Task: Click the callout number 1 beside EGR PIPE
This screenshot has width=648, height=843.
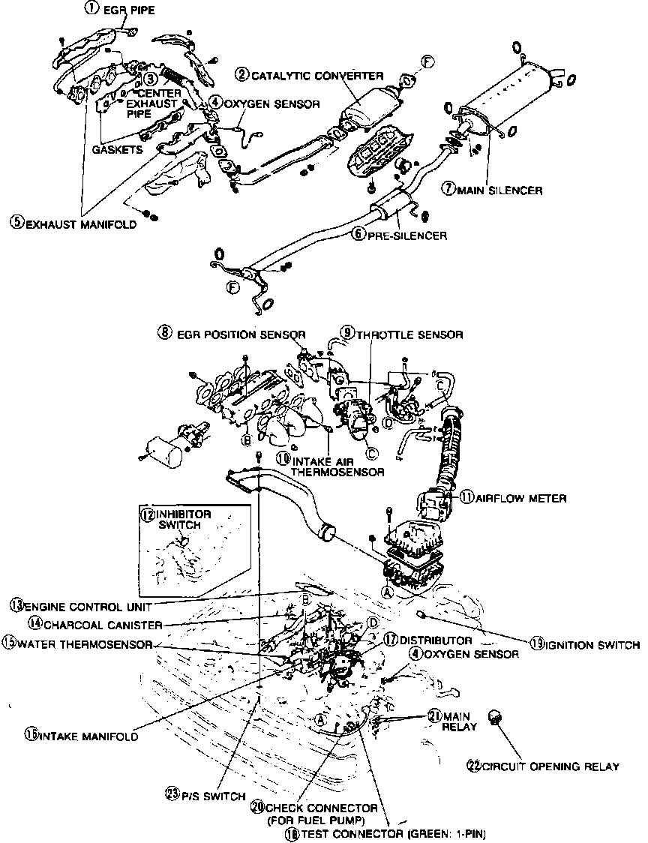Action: click(91, 9)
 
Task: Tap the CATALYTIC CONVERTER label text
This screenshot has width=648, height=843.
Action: click(317, 76)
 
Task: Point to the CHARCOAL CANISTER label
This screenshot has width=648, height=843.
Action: click(103, 623)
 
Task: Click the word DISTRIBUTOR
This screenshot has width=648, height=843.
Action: click(436, 640)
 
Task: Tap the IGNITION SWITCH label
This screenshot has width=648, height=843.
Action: click(592, 644)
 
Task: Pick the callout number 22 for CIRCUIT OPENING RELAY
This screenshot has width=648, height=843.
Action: click(473, 766)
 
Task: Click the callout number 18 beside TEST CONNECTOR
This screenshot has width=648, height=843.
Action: click(289, 833)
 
